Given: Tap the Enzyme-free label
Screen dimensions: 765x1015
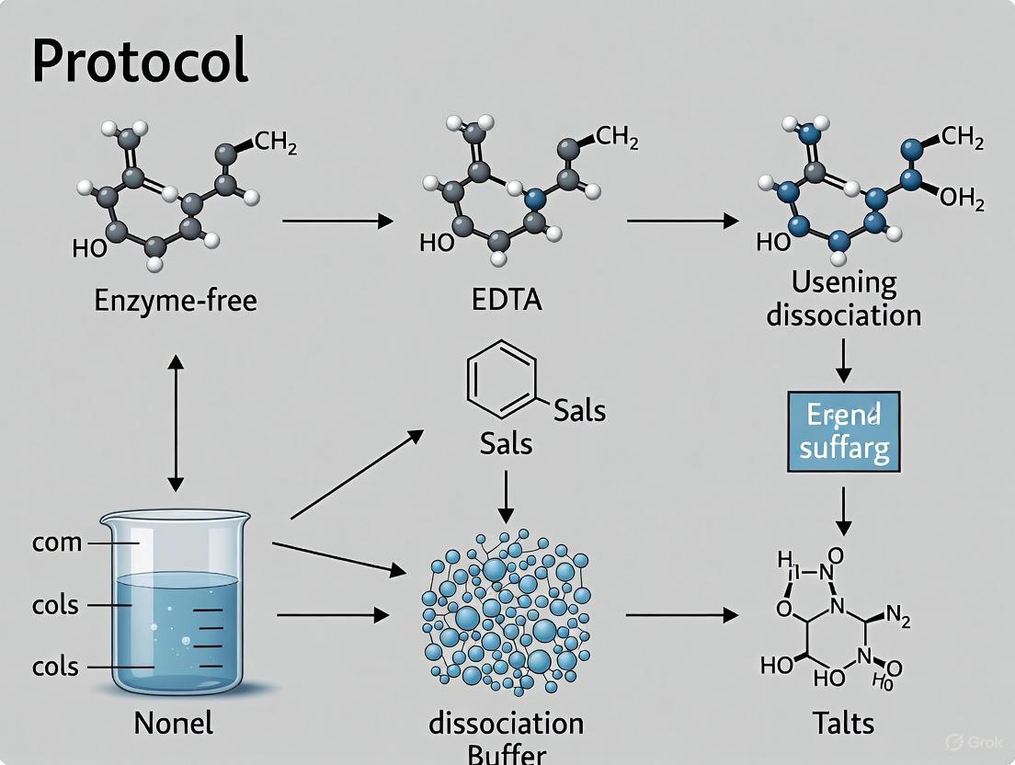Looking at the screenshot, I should pos(176,301).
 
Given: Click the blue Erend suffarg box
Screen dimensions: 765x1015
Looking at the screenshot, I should pos(843,432).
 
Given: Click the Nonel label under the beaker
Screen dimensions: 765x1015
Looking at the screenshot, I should pos(173,723).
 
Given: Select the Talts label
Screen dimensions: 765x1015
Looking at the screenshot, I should pos(843,723).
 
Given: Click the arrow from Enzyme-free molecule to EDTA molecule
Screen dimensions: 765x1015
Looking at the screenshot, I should pos(337,222).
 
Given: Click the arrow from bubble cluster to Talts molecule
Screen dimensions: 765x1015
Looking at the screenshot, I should pos(681,615).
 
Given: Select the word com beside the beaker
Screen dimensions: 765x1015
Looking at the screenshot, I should pos(57,542).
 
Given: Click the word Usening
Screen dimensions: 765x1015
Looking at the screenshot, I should pos(844,281).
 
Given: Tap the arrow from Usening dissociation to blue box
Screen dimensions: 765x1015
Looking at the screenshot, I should pos(844,360).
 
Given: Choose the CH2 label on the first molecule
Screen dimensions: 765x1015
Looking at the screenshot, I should pos(275,143).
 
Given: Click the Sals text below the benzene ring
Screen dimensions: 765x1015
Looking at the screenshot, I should pos(506,444).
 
